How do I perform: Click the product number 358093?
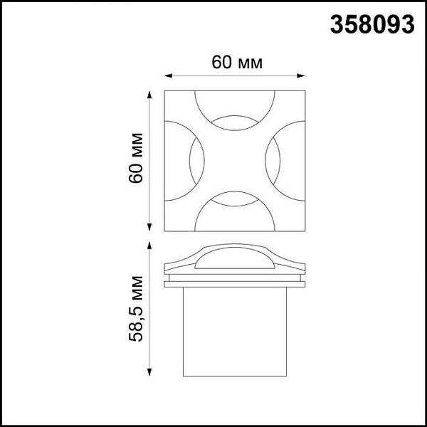tap(372, 24)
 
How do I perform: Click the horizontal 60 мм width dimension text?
tap(237, 63)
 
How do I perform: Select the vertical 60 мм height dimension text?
tap(136, 158)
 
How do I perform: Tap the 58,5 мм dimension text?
tap(136, 309)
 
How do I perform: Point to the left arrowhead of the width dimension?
tap(168, 75)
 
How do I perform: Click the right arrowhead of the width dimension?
tap(300, 75)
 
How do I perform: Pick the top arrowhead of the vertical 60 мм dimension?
tap(149, 95)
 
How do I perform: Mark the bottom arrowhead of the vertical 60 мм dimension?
tap(149, 227)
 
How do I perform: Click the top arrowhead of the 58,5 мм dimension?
tap(149, 245)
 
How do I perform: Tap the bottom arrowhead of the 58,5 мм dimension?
tap(149, 372)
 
